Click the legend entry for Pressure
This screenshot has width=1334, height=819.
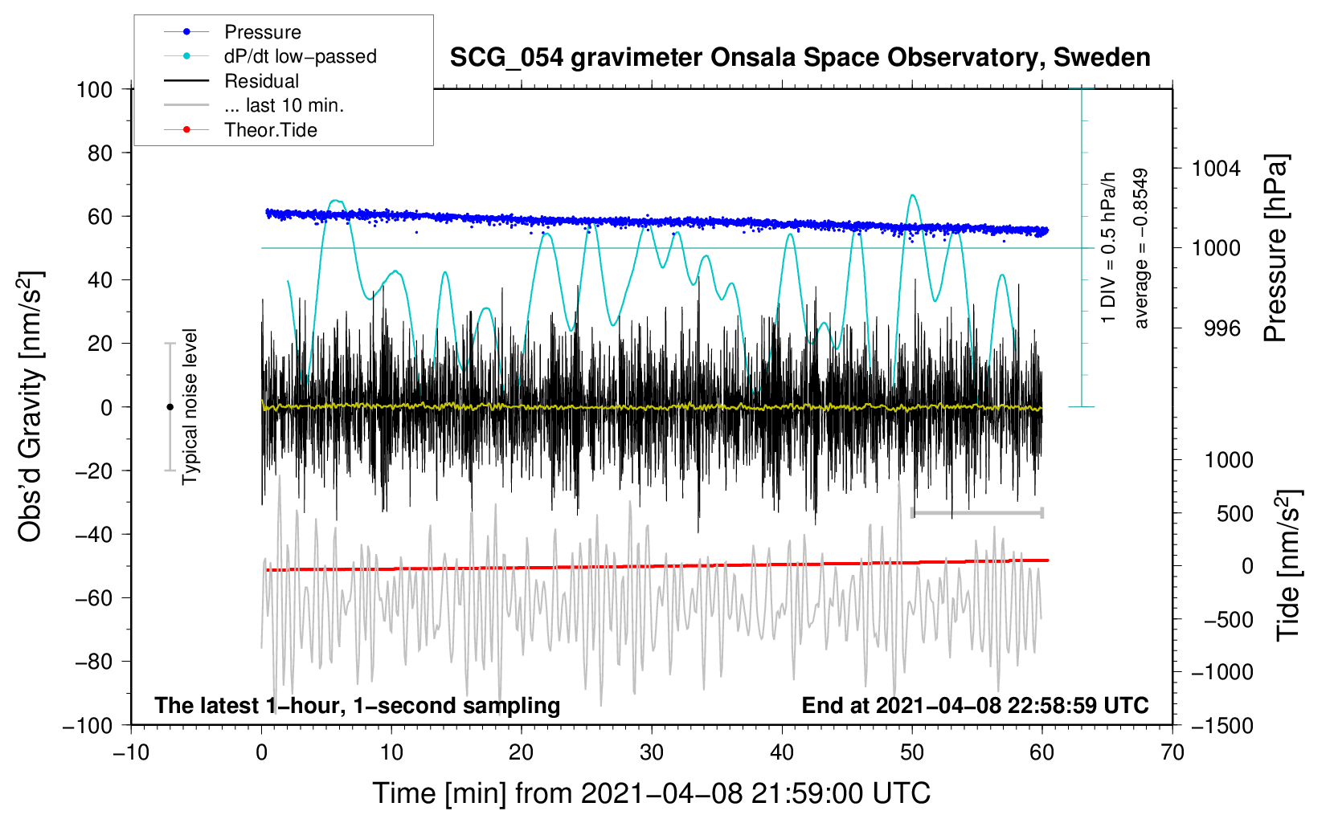(233, 31)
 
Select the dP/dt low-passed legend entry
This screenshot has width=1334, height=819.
(270, 56)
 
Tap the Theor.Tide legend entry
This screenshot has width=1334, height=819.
(240, 130)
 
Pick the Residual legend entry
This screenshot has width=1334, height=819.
(231, 81)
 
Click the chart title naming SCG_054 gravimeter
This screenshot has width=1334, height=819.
(800, 58)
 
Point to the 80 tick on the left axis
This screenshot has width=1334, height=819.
(100, 153)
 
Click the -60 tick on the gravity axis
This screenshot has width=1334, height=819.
(93, 598)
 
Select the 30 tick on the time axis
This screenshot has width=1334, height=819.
(652, 753)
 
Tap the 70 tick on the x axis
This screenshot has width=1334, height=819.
(1172, 753)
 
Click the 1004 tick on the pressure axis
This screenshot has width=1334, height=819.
(1216, 169)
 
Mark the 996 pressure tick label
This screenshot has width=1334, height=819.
(1222, 328)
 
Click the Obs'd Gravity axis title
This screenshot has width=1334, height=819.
(31, 406)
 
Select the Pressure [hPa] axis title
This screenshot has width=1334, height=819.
(1275, 248)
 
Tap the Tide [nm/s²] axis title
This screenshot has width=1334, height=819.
(1289, 565)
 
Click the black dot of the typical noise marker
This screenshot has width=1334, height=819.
(170, 407)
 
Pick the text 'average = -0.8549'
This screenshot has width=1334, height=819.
(1140, 248)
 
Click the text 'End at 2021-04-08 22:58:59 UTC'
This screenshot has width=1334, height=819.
(975, 705)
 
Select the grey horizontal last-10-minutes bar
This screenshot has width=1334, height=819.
(977, 512)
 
